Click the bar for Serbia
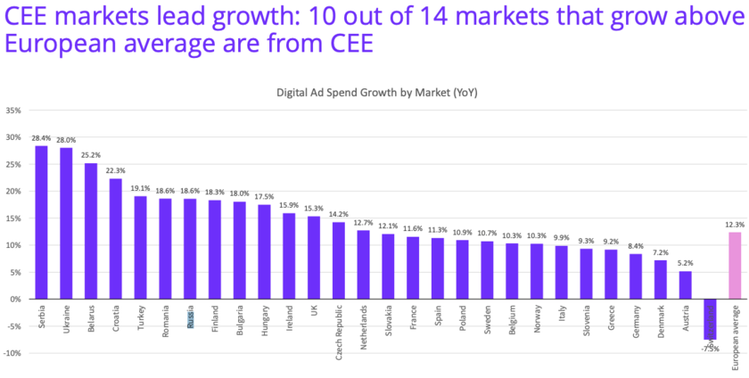(41, 222)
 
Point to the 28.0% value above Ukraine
(66, 139)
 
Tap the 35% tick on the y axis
(13, 111)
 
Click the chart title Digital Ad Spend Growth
(376, 92)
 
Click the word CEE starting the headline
(27, 15)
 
